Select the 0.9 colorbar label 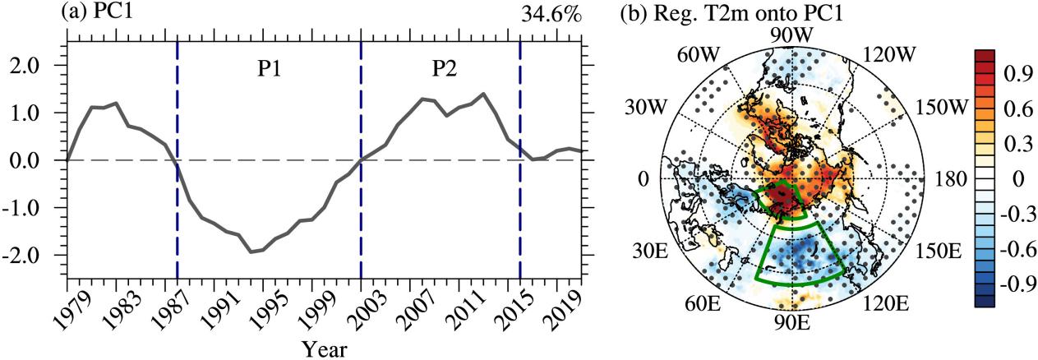[x=1017, y=73]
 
